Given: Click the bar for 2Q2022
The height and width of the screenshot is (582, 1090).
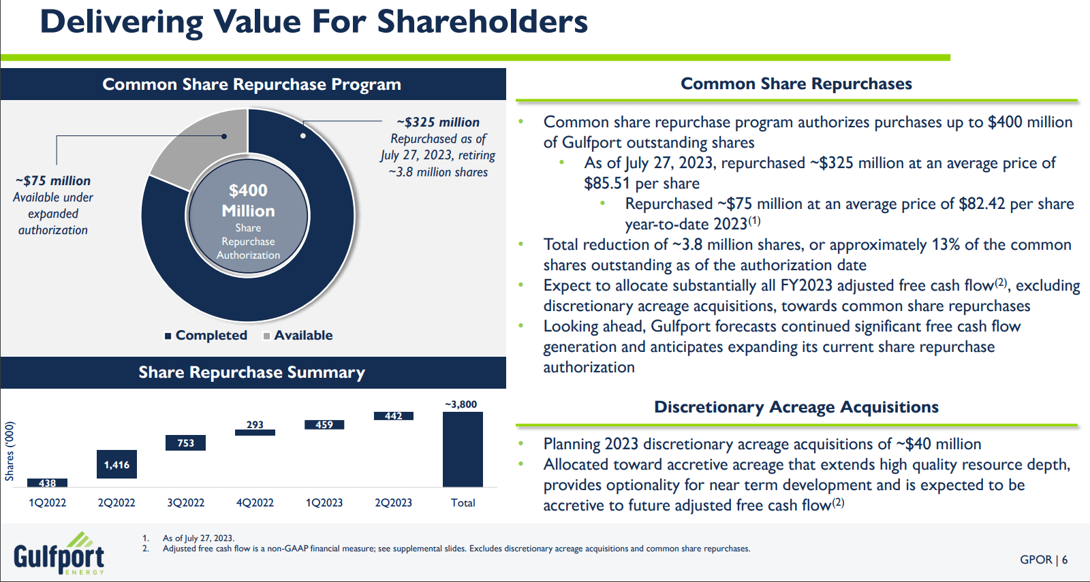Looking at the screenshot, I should (x=116, y=464).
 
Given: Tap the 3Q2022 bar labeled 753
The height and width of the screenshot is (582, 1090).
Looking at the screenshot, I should (x=185, y=443).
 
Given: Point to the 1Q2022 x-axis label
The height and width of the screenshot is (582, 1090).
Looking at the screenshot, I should (x=47, y=503).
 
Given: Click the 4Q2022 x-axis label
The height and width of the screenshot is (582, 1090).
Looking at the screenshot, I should (x=255, y=503).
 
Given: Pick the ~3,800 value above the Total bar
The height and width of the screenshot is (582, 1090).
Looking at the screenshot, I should (x=461, y=404).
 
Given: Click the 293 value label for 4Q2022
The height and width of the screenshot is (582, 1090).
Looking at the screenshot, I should (x=255, y=425).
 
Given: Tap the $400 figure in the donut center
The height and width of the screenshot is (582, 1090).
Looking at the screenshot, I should (x=248, y=191).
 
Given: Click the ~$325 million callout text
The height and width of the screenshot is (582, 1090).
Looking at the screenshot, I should (x=438, y=123).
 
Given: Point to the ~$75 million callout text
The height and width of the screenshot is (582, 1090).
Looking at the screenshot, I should (x=53, y=181).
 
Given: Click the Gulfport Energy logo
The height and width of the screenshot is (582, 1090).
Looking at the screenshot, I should (x=59, y=554).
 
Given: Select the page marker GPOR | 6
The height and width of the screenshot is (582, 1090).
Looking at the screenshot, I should (x=1043, y=560).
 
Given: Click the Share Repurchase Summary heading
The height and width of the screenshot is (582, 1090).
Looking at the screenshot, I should (x=252, y=372).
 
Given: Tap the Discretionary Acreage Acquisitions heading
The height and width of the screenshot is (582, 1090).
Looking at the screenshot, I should (x=796, y=407).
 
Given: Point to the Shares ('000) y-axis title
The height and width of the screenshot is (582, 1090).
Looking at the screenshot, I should (x=10, y=451).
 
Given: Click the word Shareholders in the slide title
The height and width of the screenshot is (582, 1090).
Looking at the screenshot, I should (x=482, y=22).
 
